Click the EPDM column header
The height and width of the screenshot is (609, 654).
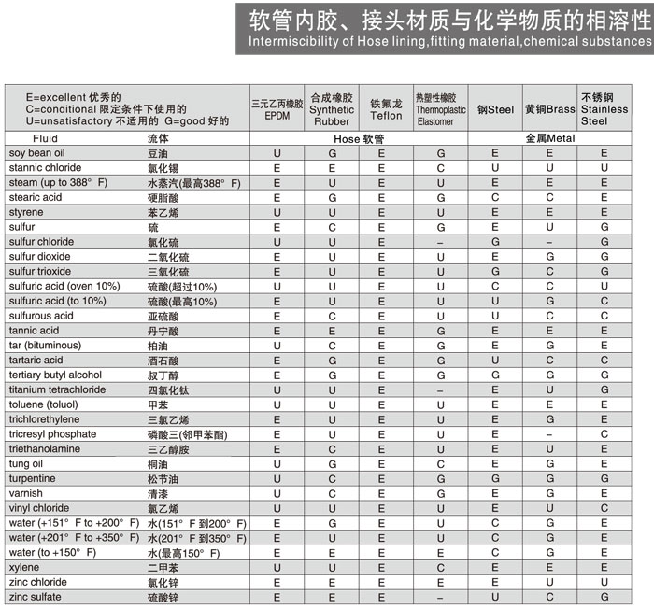277,109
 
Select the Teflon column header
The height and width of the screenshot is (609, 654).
386,109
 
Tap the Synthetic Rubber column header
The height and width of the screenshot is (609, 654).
332,109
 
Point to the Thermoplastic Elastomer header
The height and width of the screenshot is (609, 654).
440,109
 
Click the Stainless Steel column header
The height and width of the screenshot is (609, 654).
604,109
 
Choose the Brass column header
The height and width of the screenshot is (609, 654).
549,109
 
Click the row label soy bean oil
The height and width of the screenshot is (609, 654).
37,152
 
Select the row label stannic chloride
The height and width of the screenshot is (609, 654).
45,167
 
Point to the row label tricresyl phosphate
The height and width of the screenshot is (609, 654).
52,434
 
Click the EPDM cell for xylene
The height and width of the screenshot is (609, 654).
277,567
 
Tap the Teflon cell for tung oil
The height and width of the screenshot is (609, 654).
386,463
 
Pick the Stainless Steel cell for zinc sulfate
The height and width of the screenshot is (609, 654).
604,597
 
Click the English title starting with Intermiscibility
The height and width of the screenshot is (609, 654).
449,42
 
